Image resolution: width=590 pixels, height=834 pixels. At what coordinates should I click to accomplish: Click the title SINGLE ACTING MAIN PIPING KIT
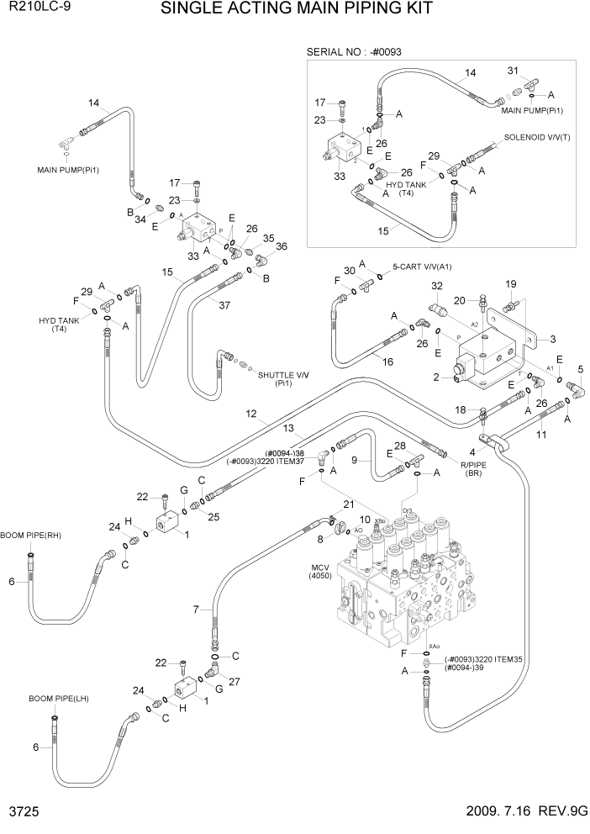point(296,10)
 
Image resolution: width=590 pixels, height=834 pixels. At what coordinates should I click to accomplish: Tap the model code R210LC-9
point(28,9)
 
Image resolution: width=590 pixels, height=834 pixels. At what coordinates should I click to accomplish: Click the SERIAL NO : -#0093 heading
point(354,52)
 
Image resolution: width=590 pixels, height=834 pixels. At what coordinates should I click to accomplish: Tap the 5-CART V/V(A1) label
point(422,267)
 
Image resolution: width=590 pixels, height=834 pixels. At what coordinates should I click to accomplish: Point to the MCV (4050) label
point(322,571)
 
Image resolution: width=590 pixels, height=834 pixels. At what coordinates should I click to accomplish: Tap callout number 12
point(251,414)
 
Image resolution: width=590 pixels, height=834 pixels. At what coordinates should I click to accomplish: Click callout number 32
point(436,287)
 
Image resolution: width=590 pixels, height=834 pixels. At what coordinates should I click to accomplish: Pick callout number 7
point(197,609)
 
